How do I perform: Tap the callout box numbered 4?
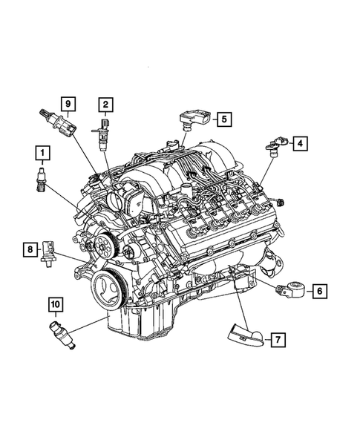click(299, 143)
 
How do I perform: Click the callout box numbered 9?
click(67, 102)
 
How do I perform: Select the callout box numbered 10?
click(55, 303)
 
